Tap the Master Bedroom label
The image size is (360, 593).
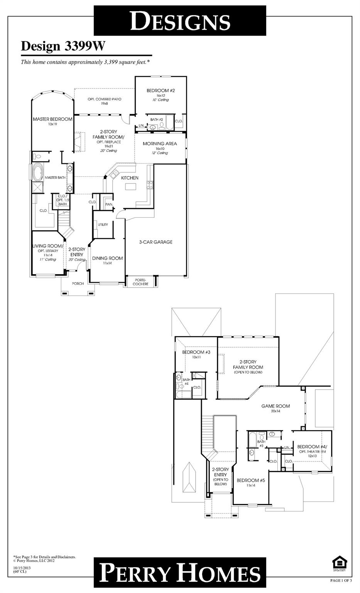click(52, 119)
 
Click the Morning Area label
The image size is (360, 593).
click(160, 144)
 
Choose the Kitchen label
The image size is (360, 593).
click(130, 178)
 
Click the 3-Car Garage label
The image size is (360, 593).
click(155, 242)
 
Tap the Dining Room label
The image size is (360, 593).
click(107, 258)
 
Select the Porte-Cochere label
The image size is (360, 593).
click(140, 281)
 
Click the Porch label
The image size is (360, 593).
click(78, 283)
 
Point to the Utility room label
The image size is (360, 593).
click(103, 224)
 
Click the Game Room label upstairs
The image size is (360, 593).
click(275, 406)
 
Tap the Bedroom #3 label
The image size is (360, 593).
click(196, 352)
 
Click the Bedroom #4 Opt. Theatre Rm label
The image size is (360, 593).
click(312, 449)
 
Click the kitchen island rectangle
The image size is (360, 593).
click(131, 187)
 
